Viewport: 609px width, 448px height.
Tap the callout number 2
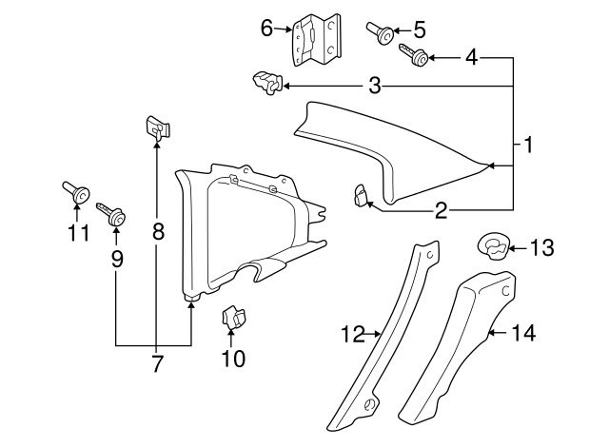pos(441,210)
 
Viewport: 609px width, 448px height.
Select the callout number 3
pos(375,88)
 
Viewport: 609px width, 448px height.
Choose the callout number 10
pos(233,358)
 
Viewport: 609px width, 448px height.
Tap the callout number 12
pos(353,333)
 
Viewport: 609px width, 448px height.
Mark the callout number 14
pos(522,333)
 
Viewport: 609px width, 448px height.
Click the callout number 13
pos(540,249)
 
